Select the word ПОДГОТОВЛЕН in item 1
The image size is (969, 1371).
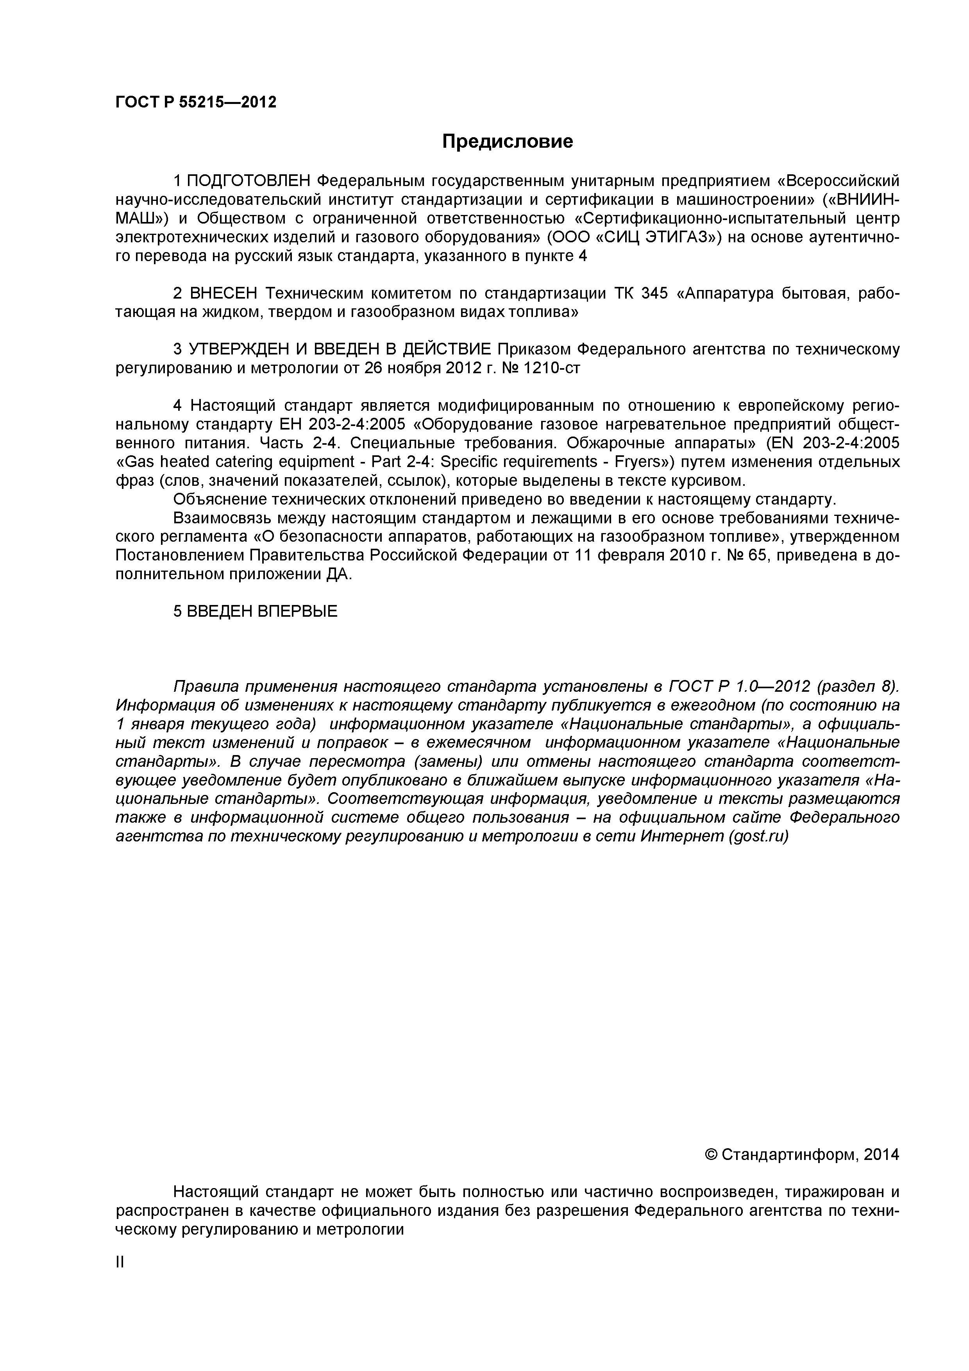[x=250, y=180]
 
